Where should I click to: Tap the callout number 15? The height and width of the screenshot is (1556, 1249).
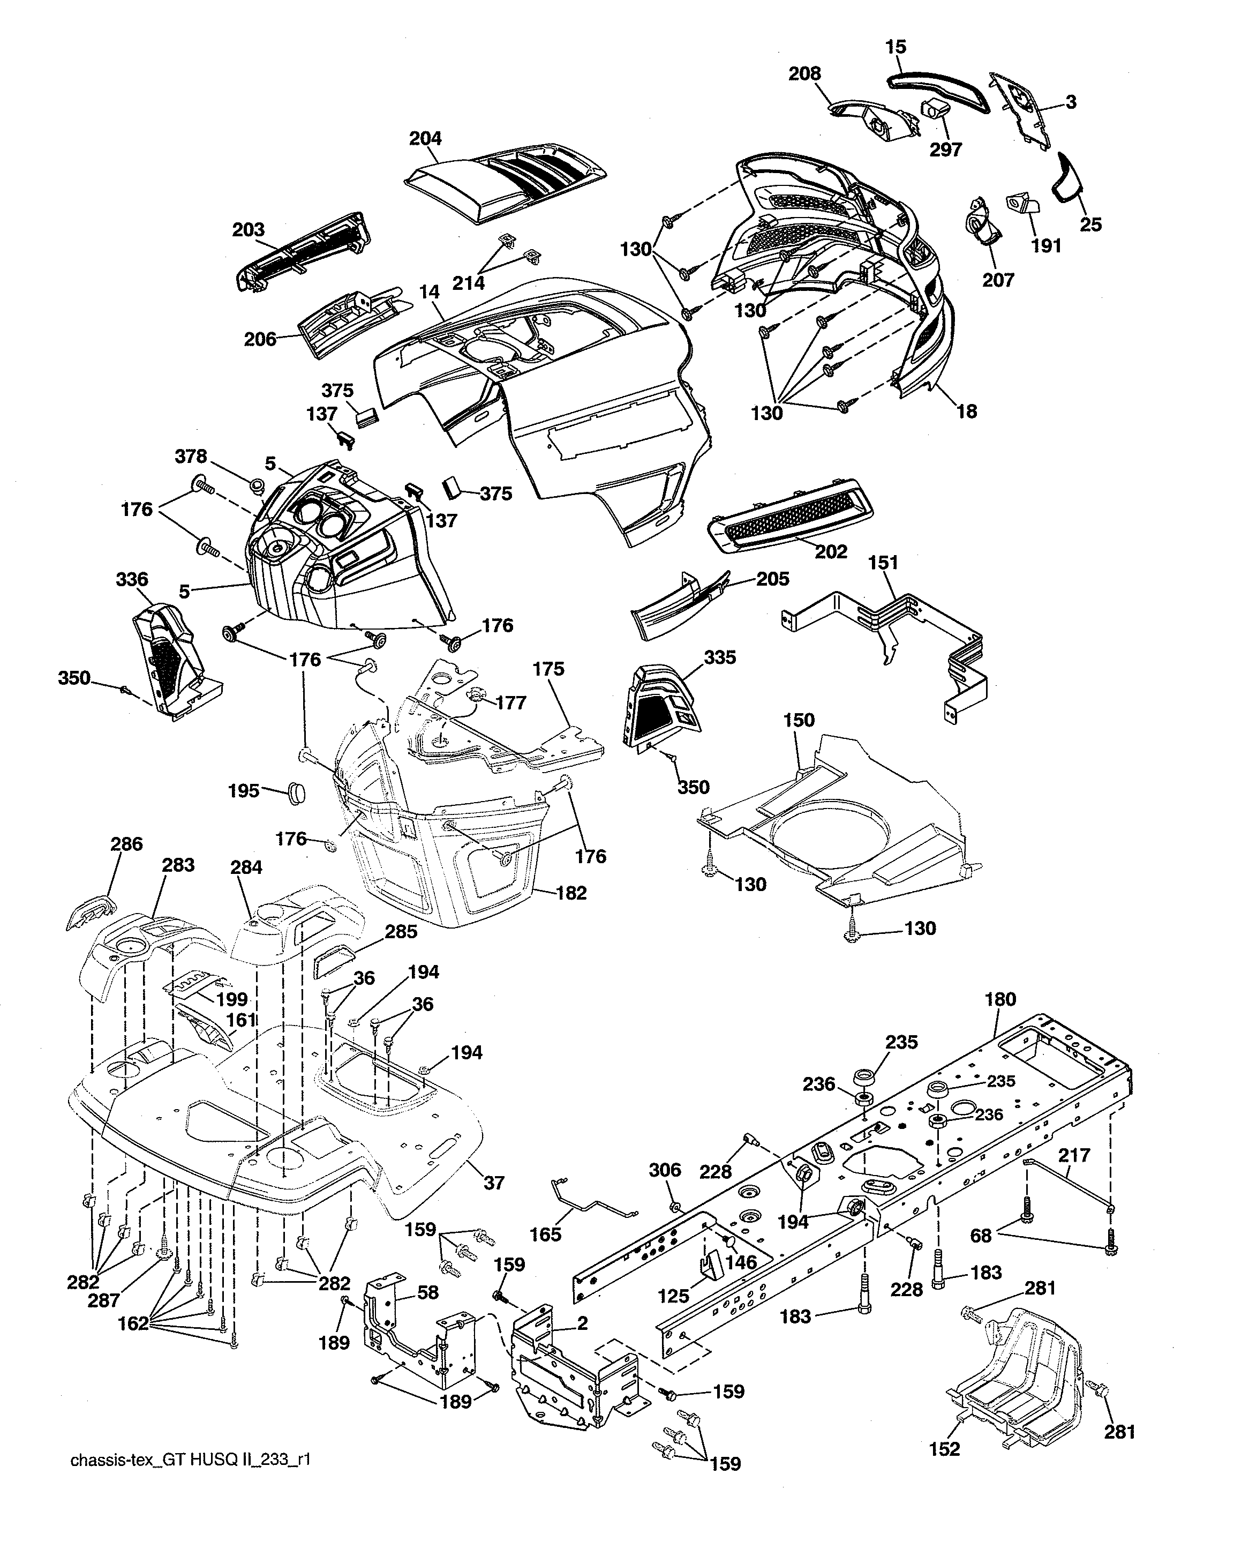click(x=896, y=47)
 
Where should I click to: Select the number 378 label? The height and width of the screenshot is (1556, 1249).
click(x=191, y=456)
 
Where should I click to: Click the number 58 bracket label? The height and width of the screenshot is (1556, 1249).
click(x=428, y=1292)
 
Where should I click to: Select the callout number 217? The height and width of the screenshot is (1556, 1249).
click(x=1074, y=1155)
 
